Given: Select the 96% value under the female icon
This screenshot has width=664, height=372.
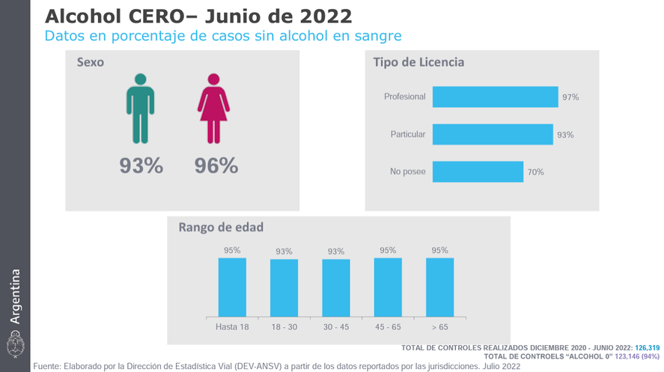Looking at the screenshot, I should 216,166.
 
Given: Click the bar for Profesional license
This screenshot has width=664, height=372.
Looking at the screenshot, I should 495,97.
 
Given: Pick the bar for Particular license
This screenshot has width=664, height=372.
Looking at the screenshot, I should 493,135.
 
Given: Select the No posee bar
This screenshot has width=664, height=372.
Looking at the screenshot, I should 478,172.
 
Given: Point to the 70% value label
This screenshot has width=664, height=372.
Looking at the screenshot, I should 535,172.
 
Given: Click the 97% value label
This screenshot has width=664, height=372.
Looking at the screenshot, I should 570,97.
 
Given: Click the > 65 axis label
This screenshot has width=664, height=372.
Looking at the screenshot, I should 439,328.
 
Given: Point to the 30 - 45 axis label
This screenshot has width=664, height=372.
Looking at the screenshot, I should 335,328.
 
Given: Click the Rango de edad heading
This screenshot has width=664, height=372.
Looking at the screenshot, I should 221,228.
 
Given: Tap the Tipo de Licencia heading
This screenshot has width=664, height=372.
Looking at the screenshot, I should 418,62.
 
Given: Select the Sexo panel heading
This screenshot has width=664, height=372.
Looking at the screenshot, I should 91,62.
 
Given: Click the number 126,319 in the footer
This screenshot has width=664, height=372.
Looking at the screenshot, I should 647,348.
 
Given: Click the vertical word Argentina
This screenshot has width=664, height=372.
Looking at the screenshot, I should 15,296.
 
